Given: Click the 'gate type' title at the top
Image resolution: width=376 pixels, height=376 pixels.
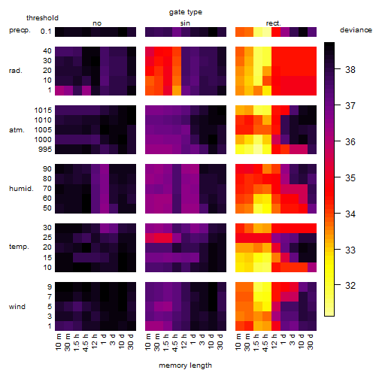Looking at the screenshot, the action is point(186,12).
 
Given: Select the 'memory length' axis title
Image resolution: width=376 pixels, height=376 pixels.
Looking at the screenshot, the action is point(185,365).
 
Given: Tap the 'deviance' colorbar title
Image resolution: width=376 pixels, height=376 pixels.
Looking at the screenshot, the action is point(356,30).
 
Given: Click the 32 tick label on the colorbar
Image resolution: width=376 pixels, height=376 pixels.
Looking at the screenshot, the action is point(350,285).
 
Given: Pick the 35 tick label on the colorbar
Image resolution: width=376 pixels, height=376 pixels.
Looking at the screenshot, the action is point(350,177).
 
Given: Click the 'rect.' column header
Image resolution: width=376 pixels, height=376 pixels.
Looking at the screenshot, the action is point(274,23).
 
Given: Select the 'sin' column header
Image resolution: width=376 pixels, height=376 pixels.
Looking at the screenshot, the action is point(185,23).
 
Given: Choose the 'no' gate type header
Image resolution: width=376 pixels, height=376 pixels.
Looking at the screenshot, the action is point(97,23).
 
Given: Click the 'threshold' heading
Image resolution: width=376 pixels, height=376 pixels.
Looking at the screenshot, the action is point(42,18).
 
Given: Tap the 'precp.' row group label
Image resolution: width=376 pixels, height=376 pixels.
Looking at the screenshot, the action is point(20,30).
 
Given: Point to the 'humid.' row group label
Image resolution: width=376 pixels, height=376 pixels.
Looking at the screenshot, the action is point(21,188).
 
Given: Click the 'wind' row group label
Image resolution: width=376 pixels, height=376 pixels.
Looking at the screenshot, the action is point(17,307).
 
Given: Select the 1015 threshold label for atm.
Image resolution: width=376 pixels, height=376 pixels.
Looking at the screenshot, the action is point(43,110).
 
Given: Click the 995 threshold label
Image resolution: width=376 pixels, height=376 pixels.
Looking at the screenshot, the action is point(45,150).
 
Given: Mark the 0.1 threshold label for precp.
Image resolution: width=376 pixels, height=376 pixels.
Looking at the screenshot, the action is point(46,32).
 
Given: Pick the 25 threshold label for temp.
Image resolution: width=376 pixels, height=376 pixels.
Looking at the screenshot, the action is point(47,237).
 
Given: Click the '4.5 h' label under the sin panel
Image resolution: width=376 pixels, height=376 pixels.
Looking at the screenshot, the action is point(175,343).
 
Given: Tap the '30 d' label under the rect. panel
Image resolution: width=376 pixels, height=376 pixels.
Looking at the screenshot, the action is point(310,341).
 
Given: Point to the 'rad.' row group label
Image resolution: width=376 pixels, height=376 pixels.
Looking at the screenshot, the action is point(16,71).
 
